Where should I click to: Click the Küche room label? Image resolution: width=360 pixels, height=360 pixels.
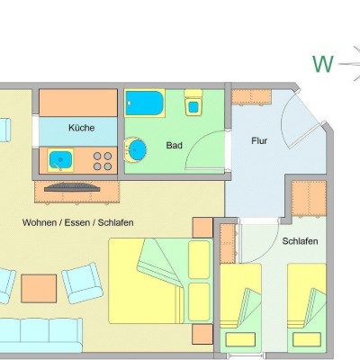(x=82, y=128)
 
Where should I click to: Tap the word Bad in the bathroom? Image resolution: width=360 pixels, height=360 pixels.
(x=175, y=146)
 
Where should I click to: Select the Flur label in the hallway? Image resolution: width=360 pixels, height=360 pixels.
(x=259, y=140)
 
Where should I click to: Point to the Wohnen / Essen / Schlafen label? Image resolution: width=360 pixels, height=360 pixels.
(x=78, y=222)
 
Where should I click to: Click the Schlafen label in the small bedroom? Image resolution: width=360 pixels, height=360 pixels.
(x=300, y=241)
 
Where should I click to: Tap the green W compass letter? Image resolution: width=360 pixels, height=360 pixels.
(x=323, y=64)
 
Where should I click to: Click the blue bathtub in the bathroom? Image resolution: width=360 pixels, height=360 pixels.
(x=145, y=103)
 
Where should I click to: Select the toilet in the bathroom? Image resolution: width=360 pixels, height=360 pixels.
(x=193, y=103)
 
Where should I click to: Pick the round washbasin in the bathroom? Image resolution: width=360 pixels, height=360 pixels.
(x=136, y=149)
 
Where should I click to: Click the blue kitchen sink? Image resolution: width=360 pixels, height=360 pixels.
(x=60, y=160)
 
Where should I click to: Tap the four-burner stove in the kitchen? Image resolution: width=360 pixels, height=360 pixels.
(x=103, y=161)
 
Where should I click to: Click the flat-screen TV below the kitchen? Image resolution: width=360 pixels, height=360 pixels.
(x=72, y=187)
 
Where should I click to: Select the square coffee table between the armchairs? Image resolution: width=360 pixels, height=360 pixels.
(x=39, y=289)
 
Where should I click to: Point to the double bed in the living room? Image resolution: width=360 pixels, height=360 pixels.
(x=161, y=281)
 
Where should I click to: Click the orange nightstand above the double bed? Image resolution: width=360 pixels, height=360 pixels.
(x=202, y=228)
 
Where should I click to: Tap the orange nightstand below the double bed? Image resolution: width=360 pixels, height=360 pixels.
(x=202, y=334)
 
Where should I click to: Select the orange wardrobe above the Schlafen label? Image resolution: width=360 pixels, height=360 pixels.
(x=309, y=198)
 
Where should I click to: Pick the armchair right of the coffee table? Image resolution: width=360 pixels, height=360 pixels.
(x=83, y=283)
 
